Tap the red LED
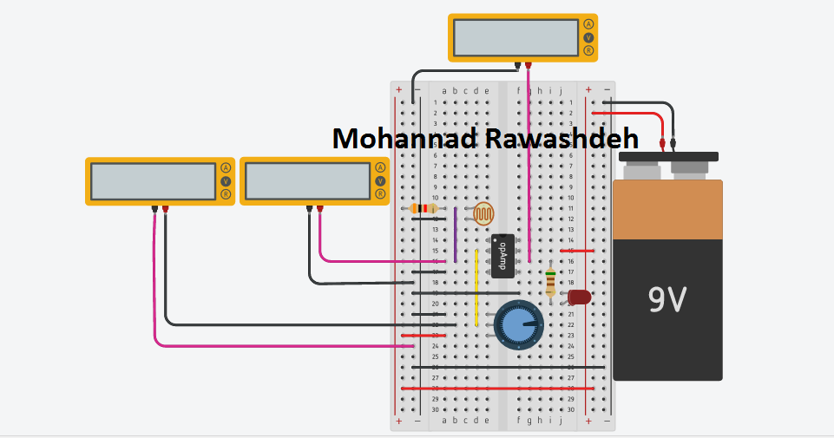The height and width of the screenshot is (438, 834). click(579, 297)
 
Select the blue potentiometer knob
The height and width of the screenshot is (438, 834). click(518, 324)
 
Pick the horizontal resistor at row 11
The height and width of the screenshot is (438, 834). click(424, 209)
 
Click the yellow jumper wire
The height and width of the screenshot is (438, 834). click(476, 286)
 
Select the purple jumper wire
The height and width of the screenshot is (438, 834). click(455, 234)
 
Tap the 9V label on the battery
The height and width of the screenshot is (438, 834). click(667, 299)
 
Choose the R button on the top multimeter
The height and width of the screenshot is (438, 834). click(588, 51)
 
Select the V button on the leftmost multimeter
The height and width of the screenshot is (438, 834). click(226, 181)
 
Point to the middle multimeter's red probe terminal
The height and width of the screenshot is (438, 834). click(320, 209)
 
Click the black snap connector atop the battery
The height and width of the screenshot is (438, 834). click(668, 156)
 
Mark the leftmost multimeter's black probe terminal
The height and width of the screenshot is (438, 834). click(154, 209)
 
